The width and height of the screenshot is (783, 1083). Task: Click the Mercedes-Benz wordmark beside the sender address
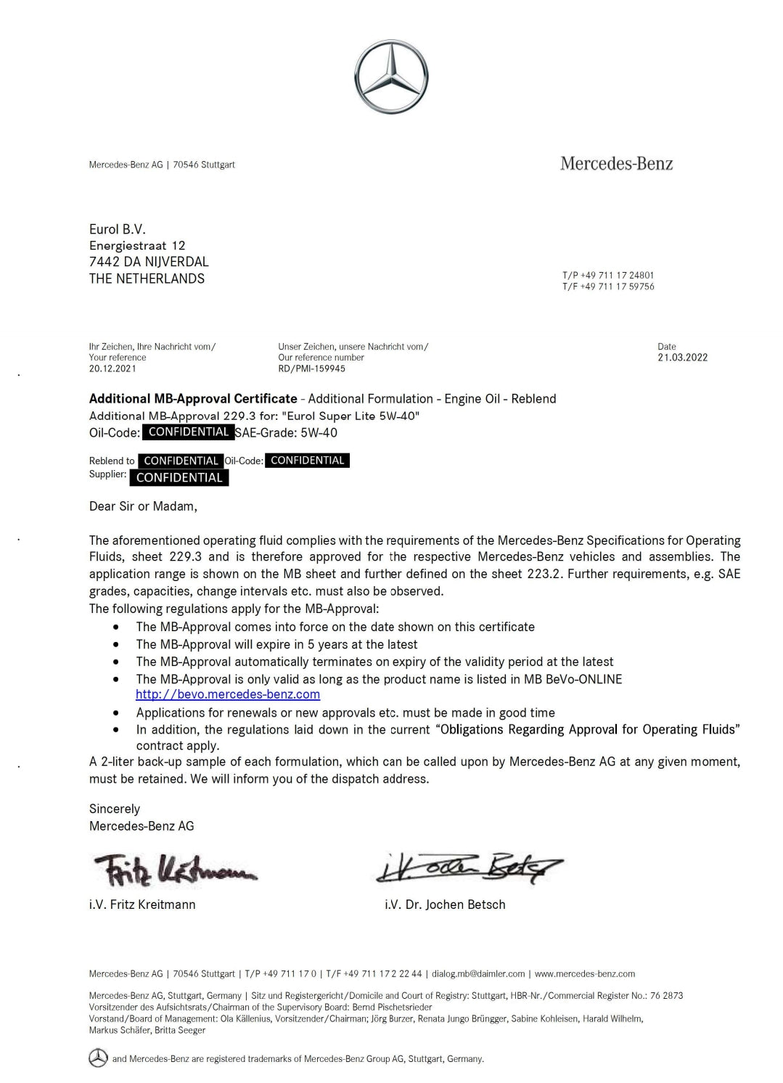click(616, 164)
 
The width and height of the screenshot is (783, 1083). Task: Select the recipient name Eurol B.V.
click(118, 229)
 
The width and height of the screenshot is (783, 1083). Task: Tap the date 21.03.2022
click(682, 357)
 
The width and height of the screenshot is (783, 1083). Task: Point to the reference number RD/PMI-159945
click(311, 368)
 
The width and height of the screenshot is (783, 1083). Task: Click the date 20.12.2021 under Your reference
click(112, 368)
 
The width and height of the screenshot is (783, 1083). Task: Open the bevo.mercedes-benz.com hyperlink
click(228, 694)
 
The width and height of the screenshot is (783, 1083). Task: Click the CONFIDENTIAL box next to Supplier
click(179, 477)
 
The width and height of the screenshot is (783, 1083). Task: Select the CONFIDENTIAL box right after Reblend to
click(181, 461)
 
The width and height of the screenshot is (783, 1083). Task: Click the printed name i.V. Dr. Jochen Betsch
click(445, 905)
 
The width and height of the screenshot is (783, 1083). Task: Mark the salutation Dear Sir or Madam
click(143, 506)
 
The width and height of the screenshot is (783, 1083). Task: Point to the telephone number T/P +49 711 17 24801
click(607, 276)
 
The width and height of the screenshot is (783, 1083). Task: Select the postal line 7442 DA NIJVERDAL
click(149, 262)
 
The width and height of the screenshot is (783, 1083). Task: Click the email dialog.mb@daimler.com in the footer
click(478, 973)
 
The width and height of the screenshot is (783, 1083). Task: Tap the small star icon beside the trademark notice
click(98, 1058)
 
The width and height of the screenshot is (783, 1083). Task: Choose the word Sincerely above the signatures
click(115, 809)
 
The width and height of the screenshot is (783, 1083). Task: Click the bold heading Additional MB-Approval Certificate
click(193, 398)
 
